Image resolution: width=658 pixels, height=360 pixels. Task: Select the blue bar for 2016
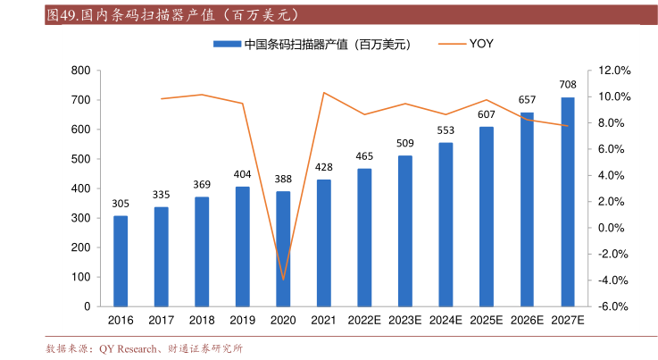coord(121,261)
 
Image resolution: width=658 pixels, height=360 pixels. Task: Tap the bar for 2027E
coord(568,202)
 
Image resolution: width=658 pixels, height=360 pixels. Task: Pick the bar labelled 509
coord(405,230)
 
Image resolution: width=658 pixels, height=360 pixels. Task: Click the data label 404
coord(242,174)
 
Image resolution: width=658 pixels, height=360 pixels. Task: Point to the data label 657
coord(527,99)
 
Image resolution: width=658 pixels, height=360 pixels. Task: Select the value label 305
coord(121,204)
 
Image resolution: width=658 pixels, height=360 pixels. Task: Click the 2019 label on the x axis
coord(242,319)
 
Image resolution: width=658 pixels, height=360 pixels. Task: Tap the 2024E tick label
coord(446,319)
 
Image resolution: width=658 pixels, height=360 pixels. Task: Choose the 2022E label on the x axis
coord(364,319)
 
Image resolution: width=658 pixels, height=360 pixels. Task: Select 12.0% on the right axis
coord(614,71)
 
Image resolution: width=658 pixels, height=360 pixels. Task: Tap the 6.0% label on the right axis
coord(614,149)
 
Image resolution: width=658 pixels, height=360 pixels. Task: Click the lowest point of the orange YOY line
coord(283,280)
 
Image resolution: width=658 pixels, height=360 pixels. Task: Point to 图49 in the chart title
coord(62,15)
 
